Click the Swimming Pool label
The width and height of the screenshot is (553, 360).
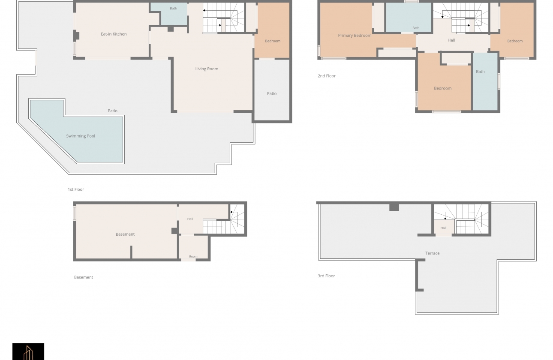point(81,136)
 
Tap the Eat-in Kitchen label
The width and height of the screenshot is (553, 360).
point(114,34)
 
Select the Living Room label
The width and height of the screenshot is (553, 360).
point(207,69)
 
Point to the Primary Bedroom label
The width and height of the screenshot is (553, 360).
point(355,36)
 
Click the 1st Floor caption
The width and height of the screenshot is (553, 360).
point(76,189)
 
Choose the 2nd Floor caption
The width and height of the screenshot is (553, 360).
point(327,76)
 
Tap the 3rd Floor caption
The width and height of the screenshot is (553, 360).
point(326,276)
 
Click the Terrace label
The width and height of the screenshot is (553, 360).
point(432,253)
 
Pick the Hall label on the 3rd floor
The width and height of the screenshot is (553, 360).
point(443,228)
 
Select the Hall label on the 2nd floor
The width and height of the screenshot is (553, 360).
point(451,40)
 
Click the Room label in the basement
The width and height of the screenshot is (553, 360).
point(193,257)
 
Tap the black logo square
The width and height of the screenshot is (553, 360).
point(28,351)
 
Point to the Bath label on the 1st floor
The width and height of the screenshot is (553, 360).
point(173,9)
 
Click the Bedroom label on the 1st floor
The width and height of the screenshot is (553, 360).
point(273,41)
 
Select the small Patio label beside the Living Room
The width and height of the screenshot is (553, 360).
point(271,93)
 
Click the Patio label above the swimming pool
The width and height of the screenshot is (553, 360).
point(113,111)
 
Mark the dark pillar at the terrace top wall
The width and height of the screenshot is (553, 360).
point(394,207)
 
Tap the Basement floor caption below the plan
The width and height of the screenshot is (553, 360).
point(84,277)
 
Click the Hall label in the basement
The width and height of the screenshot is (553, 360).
point(190,219)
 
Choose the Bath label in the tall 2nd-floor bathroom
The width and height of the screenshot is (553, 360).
point(480,72)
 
